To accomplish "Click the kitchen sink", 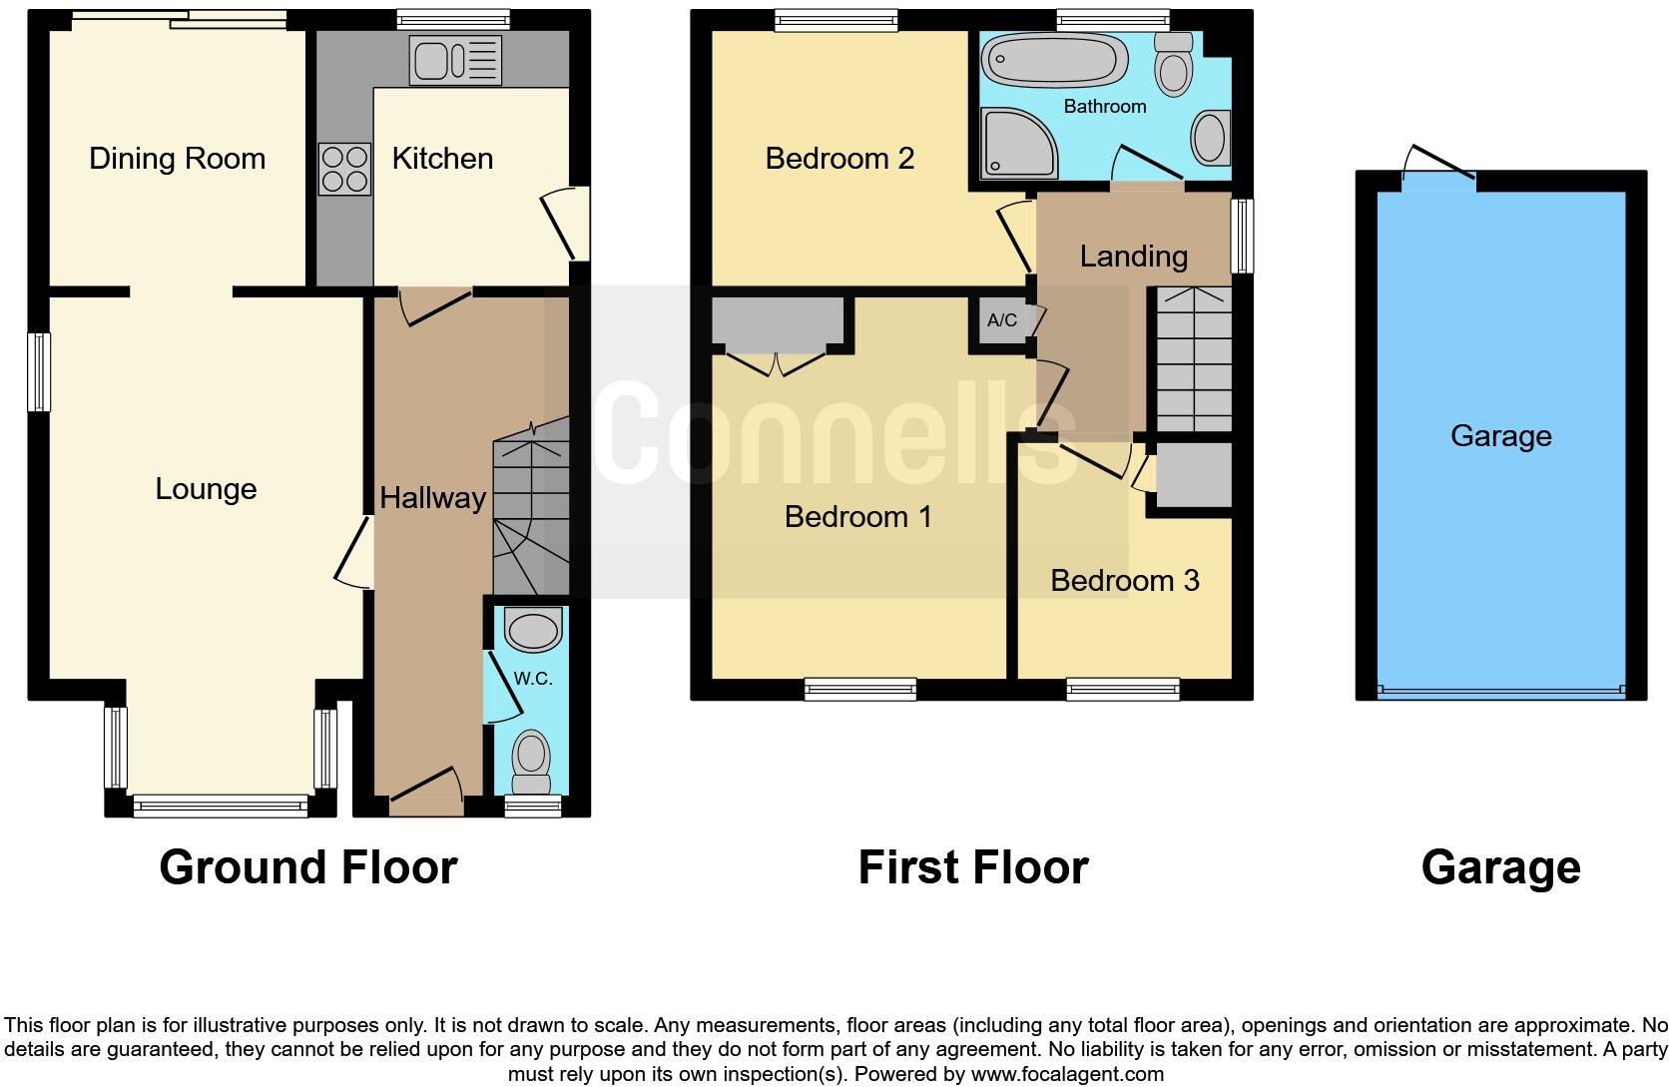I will click(x=455, y=61).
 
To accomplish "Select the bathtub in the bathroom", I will click(x=1056, y=61).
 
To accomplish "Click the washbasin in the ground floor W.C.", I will click(x=533, y=631).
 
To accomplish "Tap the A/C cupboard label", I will click(x=1002, y=320).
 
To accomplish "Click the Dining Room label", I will click(x=177, y=159).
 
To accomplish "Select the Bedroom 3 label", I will click(x=1124, y=580).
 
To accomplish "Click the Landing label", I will click(x=1133, y=257).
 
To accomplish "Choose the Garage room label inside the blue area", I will click(x=1500, y=436).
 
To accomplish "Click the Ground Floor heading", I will click(x=307, y=866).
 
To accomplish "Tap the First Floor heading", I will click(x=972, y=866).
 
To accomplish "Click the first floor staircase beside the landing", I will click(x=1193, y=359).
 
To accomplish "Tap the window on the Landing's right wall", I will click(x=1243, y=236).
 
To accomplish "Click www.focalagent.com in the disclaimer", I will click(x=1067, y=1075).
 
